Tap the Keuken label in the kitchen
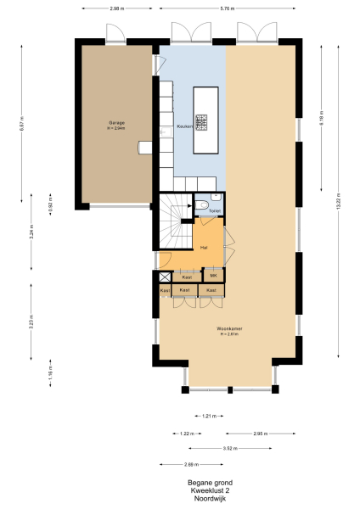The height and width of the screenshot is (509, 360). (183, 126)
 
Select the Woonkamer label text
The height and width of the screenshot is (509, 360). (225, 329)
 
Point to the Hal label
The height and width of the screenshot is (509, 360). (204, 247)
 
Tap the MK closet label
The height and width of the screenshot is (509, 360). (214, 277)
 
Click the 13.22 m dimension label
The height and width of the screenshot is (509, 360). (339, 203)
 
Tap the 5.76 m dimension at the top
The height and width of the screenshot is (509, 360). (227, 8)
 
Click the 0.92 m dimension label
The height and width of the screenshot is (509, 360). (50, 204)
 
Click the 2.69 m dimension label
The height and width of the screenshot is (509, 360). (190, 464)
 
